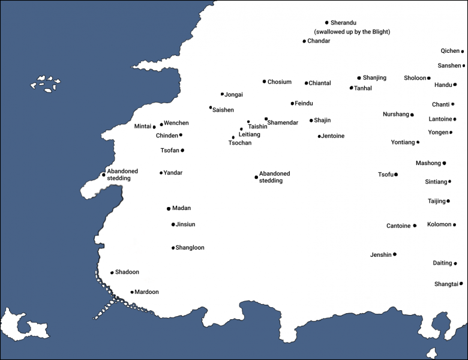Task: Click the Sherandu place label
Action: coord(343,23)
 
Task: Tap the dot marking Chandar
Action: coord(304,41)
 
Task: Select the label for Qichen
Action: coord(449,52)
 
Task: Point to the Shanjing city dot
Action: coord(359,78)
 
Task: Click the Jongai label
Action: coord(233,94)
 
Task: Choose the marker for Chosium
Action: coord(264,82)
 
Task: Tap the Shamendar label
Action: coord(283,122)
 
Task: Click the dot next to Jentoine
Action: coord(319,136)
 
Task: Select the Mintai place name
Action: coord(143,127)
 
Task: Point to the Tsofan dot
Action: coord(182,151)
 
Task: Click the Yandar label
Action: coord(173,173)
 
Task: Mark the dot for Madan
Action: coord(169,209)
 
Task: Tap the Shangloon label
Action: coord(190,248)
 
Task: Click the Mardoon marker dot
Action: coord(132,292)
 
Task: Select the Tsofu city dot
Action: coord(396,175)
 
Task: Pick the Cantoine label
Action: coord(398,226)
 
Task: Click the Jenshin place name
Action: coord(380,255)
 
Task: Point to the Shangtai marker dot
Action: coord(461,283)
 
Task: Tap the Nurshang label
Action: coord(395,114)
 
